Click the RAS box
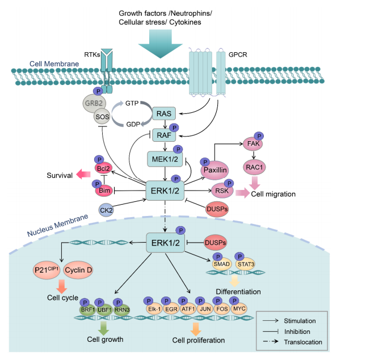click(x=168, y=114)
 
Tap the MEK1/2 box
click(x=163, y=159)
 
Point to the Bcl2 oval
click(x=102, y=169)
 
